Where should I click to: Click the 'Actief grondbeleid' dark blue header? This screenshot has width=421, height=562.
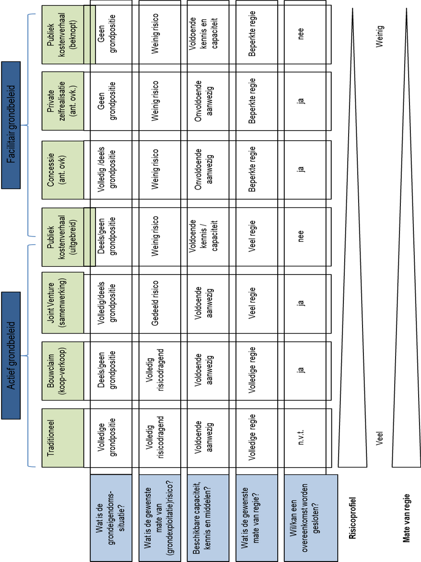pyautogui.click(x=11, y=355)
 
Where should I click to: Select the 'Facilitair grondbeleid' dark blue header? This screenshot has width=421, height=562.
pyautogui.click(x=11, y=125)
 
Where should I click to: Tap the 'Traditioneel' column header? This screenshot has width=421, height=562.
pyautogui.click(x=63, y=438)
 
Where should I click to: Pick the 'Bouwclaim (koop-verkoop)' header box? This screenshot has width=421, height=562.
pyautogui.click(x=63, y=371)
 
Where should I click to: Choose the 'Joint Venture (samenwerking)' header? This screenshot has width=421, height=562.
pyautogui.click(x=63, y=303)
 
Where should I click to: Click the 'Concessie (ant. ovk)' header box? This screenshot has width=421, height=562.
pyautogui.click(x=63, y=169)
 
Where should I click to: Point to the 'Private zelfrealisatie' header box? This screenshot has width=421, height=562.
pyautogui.click(x=63, y=101)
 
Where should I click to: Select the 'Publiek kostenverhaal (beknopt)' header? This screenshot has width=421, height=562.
pyautogui.click(x=63, y=35)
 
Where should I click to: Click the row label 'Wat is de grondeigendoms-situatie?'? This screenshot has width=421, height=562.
pyautogui.click(x=111, y=518)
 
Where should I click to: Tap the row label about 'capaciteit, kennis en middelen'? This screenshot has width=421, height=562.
pyautogui.click(x=208, y=518)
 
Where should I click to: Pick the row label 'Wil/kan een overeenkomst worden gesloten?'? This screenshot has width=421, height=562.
pyautogui.click(x=311, y=518)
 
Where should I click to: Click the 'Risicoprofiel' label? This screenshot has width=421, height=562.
pyautogui.click(x=352, y=518)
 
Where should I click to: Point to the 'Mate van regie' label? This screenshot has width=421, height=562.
pyautogui.click(x=406, y=518)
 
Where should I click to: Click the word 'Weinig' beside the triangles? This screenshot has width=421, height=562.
pyautogui.click(x=379, y=36)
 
